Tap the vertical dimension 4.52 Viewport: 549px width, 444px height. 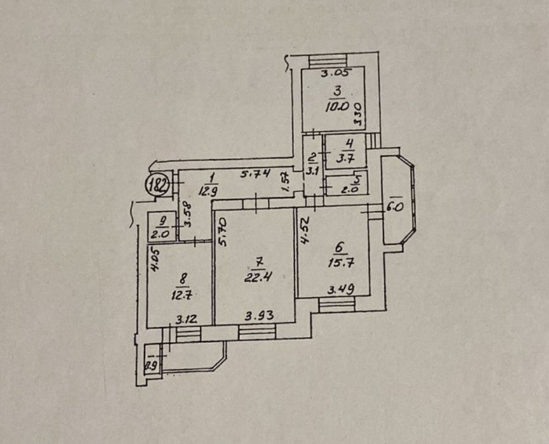point(306,231)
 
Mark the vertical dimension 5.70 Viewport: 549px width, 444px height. point(222,232)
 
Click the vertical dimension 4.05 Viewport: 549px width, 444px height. point(154,259)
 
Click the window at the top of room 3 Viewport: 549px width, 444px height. point(328,61)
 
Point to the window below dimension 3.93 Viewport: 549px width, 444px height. point(253,332)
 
